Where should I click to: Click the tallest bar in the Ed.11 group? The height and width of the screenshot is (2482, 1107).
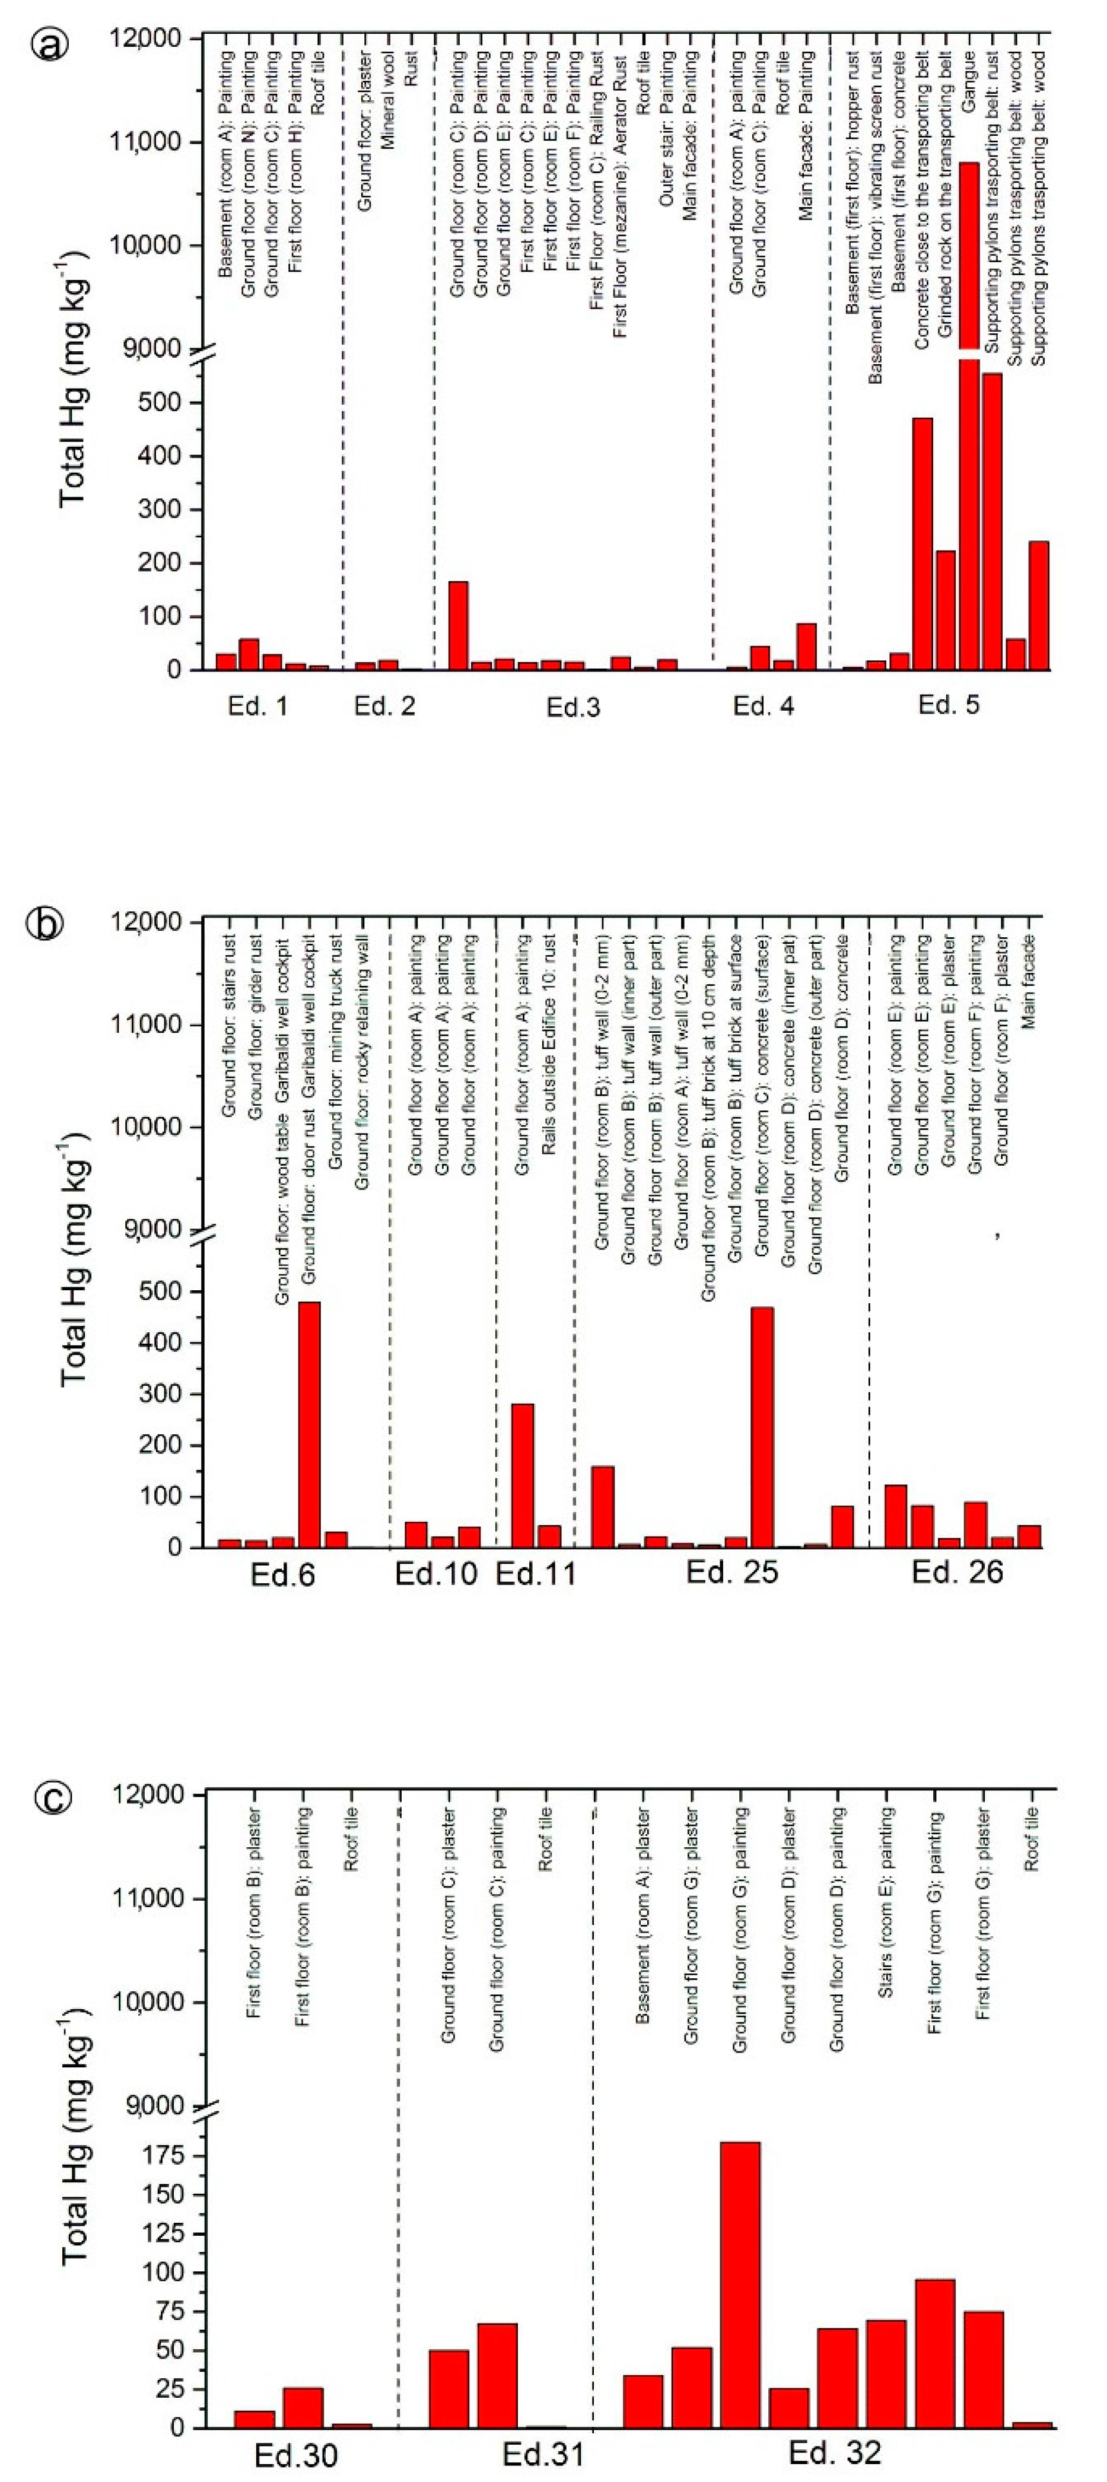click(522, 1475)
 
